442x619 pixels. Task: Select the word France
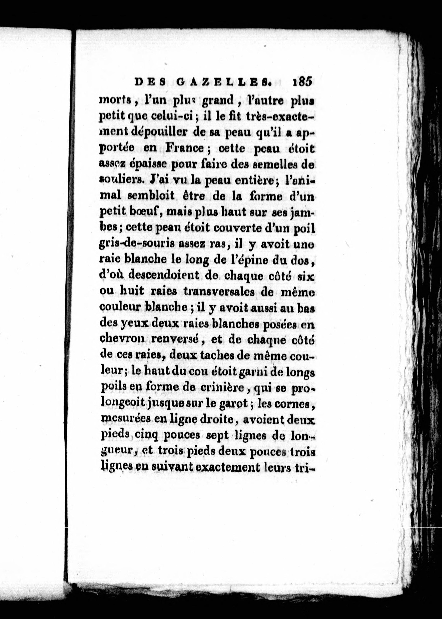(184, 149)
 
